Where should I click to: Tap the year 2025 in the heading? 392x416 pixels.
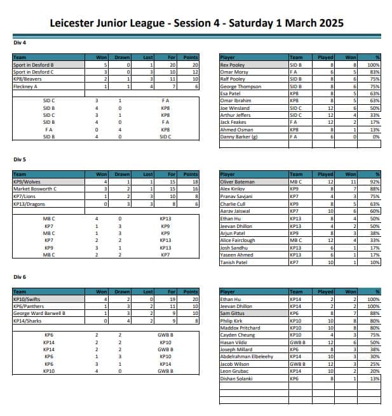point(325,23)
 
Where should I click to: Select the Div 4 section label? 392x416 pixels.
point(20,43)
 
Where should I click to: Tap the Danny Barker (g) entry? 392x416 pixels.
point(239,137)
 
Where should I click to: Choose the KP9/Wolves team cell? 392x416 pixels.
point(27,182)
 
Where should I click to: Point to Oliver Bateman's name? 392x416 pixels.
point(237,182)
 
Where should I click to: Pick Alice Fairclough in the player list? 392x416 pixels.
point(240,241)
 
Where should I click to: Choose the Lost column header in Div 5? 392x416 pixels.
point(148,174)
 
